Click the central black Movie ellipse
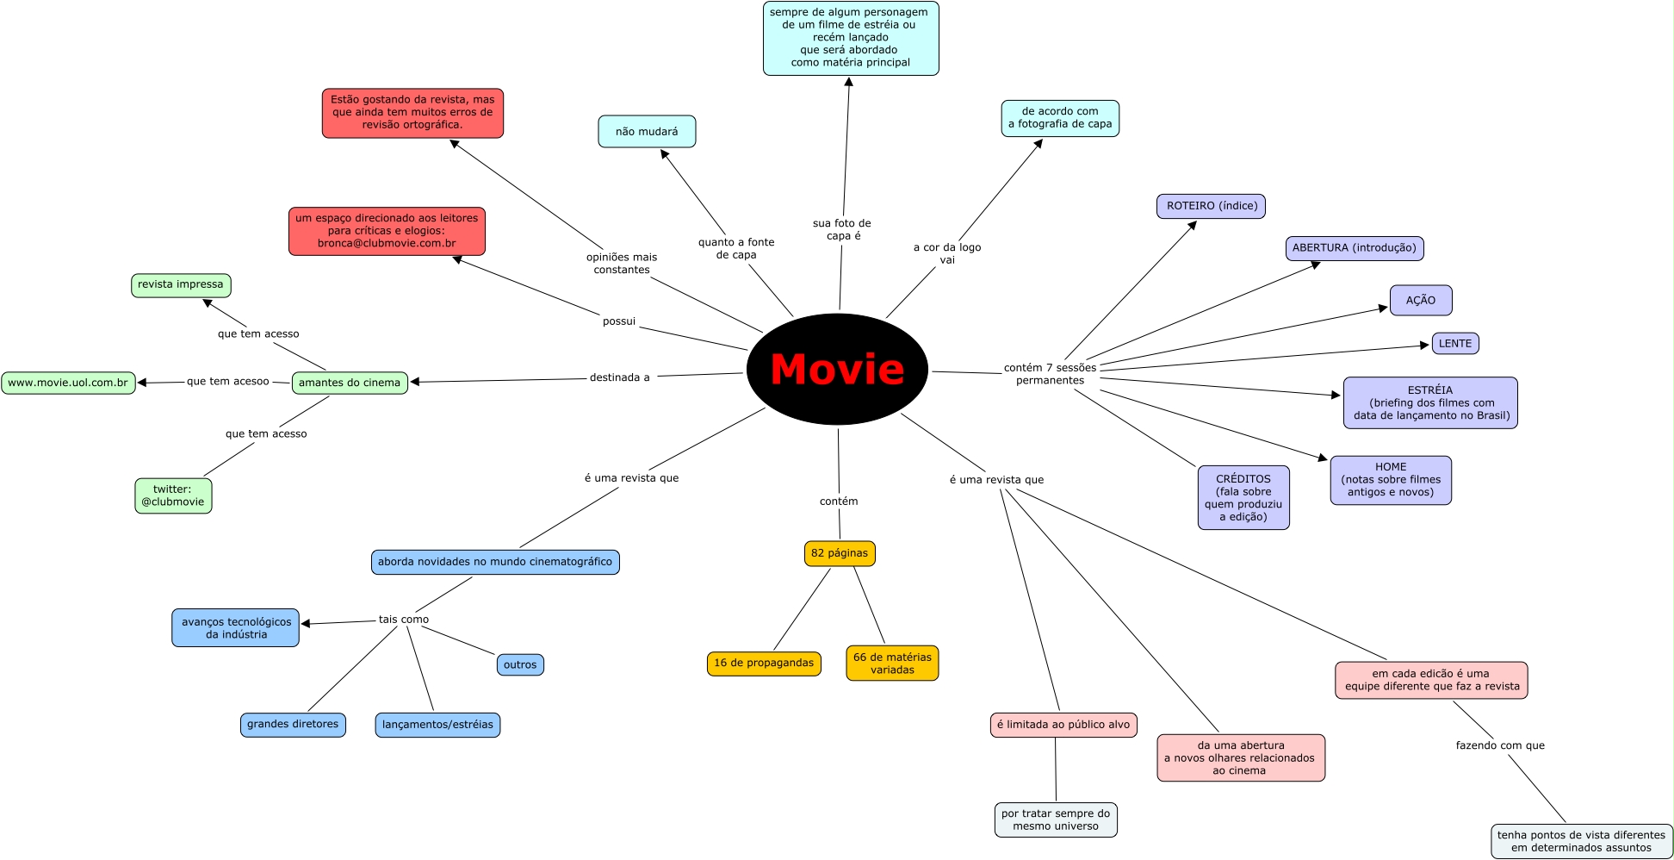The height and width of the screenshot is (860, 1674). [x=837, y=369]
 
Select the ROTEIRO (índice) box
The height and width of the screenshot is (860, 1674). [x=1211, y=206]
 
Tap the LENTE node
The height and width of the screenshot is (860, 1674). [x=1455, y=344]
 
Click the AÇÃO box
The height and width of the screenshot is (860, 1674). [x=1421, y=301]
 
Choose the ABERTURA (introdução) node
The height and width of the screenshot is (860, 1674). [x=1355, y=248]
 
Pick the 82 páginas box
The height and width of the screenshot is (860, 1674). [x=840, y=553]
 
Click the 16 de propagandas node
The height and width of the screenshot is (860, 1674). [x=764, y=664]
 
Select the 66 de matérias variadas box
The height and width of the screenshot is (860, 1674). [x=892, y=664]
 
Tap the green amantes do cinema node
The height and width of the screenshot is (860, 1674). [x=350, y=383]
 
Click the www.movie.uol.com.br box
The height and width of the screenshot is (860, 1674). [x=68, y=383]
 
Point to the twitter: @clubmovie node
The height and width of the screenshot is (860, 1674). [x=173, y=495]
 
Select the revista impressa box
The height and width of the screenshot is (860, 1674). [x=181, y=284]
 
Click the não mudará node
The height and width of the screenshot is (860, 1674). [x=647, y=132]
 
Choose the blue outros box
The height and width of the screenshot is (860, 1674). [x=520, y=665]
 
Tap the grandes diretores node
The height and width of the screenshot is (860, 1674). [x=293, y=725]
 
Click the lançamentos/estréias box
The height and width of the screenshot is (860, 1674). [x=437, y=725]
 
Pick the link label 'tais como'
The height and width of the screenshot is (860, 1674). [x=404, y=620]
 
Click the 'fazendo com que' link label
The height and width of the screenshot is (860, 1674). [x=1500, y=745]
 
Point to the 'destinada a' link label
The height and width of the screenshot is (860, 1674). [x=620, y=377]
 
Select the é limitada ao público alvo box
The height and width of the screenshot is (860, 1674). [x=1063, y=725]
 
